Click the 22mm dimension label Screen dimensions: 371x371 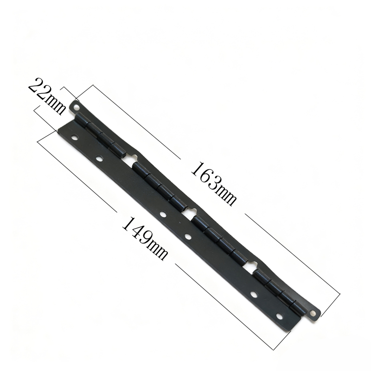(x=47, y=96)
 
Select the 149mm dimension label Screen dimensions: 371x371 (x=145, y=239)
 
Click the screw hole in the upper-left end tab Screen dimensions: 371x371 (x=77, y=108)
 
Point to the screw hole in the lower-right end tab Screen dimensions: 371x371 (x=313, y=314)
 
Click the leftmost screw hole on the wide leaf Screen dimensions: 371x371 (x=75, y=137)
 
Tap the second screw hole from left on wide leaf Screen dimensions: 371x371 (x=99, y=158)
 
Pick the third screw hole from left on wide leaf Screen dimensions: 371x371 (x=163, y=214)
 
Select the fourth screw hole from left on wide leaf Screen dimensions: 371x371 (x=188, y=236)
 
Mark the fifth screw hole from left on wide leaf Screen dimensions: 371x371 (x=254, y=294)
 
